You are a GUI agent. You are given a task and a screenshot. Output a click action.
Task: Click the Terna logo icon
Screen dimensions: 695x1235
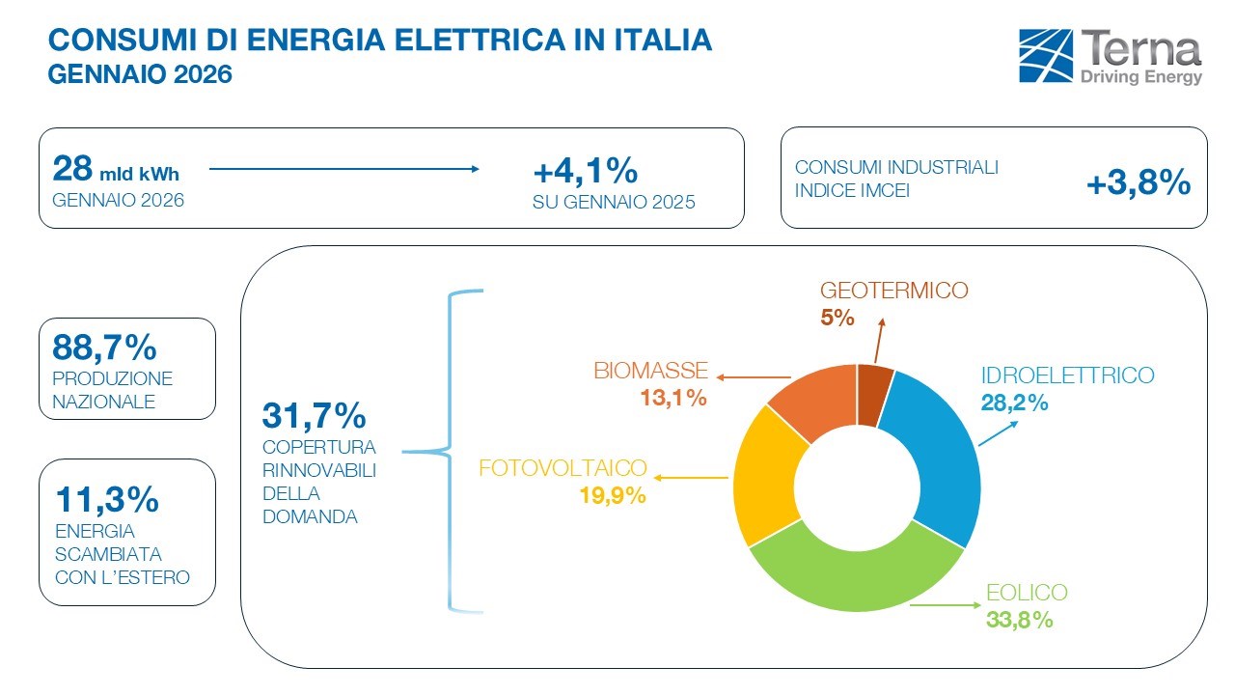[1045, 56]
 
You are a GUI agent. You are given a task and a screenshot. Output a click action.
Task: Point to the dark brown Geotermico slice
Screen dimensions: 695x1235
[874, 393]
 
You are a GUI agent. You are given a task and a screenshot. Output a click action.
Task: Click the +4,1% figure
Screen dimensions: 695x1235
[586, 172]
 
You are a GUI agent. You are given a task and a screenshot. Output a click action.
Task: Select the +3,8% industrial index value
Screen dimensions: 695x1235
[1139, 183]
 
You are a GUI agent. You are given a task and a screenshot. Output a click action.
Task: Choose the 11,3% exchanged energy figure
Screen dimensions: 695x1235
[106, 500]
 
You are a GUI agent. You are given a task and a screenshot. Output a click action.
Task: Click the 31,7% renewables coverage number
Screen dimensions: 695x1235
[314, 416]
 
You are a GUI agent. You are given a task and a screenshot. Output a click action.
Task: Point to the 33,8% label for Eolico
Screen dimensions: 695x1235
[1019, 620]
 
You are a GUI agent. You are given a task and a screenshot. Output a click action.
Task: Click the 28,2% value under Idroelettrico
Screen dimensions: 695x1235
[1015, 403]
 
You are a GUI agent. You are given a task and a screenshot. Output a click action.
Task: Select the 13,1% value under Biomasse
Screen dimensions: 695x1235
[672, 397]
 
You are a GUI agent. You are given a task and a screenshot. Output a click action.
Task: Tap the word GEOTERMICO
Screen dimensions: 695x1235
[893, 291]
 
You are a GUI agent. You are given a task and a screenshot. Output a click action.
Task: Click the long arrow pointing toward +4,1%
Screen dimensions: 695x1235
[343, 170]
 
